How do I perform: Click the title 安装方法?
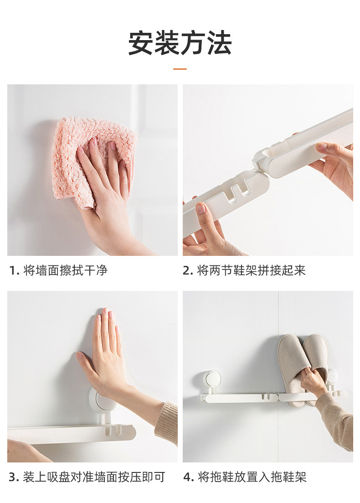coord(180,43)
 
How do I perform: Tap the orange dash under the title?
coord(180,69)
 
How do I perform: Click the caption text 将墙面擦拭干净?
coord(66,270)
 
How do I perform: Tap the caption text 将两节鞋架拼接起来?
coord(252,270)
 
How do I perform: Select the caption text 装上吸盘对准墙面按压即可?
coord(93,477)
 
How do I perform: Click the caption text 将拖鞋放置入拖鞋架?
coord(252,477)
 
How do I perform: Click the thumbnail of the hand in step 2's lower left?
coord(201,208)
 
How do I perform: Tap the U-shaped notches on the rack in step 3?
coord(114,430)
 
